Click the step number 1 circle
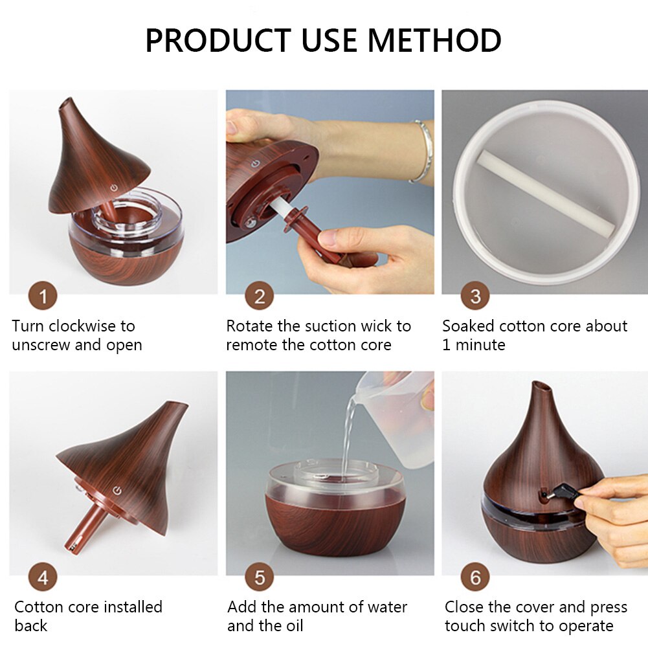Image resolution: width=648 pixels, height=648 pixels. [x=43, y=297]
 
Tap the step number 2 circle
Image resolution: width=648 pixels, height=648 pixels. [x=259, y=297]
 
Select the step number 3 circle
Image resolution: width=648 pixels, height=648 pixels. [x=475, y=297]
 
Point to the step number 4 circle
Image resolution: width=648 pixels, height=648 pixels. [x=43, y=577]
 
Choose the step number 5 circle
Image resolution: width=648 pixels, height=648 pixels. [x=259, y=577]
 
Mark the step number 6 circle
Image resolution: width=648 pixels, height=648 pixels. [x=475, y=577]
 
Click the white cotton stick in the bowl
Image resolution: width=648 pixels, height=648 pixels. [x=544, y=194]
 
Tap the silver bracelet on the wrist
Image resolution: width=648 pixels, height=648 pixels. [x=422, y=150]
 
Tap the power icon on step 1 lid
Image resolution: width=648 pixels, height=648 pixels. [x=114, y=188]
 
